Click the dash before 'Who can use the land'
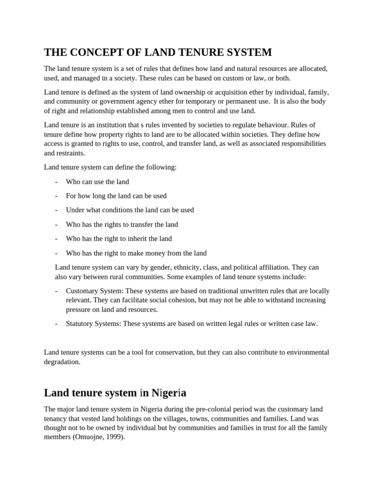click(x=56, y=181)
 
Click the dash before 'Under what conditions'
click(x=56, y=210)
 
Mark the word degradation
click(x=61, y=361)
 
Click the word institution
click(x=112, y=124)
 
